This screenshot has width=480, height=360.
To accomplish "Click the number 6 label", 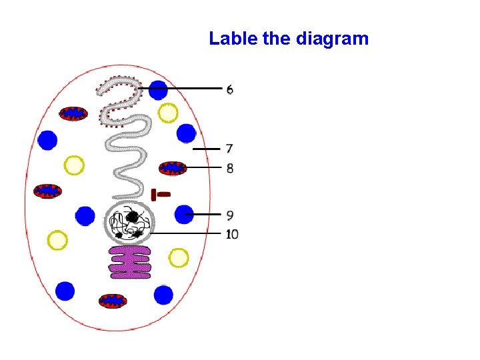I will pyautogui.click(x=230, y=89).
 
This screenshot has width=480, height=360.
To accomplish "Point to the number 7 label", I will pyautogui.click(x=229, y=149).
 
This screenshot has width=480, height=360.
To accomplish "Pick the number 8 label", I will pyautogui.click(x=230, y=168).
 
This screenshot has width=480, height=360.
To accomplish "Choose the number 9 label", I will pyautogui.click(x=230, y=215).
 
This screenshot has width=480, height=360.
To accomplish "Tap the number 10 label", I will pyautogui.click(x=232, y=234).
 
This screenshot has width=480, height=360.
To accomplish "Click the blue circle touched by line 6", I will pyautogui.click(x=158, y=90).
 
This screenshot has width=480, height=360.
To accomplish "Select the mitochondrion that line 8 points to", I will pyautogui.click(x=173, y=168).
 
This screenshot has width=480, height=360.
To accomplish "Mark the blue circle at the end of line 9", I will pyautogui.click(x=184, y=215).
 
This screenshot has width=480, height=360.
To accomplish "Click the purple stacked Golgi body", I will pyautogui.click(x=131, y=261).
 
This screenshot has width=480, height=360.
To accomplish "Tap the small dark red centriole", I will pyautogui.click(x=160, y=195).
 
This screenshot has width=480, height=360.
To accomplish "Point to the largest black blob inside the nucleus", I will pyautogui.click(x=133, y=217).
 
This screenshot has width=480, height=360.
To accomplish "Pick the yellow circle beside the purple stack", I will pyautogui.click(x=179, y=257).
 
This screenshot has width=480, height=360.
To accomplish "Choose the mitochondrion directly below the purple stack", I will pyautogui.click(x=113, y=301).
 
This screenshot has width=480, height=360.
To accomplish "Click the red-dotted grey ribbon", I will pyautogui.click(x=119, y=100).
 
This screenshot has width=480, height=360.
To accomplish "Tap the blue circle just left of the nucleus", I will pyautogui.click(x=85, y=216).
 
